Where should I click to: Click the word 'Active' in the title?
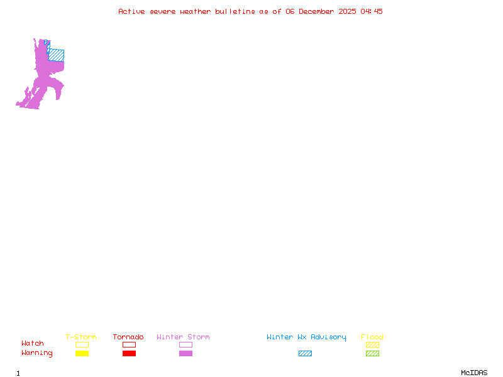pos(132,11)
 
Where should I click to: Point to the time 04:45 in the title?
pos(372,11)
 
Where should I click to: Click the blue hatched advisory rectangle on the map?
pos(57,55)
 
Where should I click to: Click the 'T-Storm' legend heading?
pos(81,337)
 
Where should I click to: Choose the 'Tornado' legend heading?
pos(128,337)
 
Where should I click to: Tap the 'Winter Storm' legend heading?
pos(183,337)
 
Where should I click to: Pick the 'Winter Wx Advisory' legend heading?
pos(306,337)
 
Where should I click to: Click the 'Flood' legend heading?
pos(372,337)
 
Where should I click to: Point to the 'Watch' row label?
pos(33,344)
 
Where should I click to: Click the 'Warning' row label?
pos(37,353)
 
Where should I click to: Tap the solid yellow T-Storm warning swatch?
pos(82,353)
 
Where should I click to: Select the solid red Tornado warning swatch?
pos(129,353)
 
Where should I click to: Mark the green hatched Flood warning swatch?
pos(372,353)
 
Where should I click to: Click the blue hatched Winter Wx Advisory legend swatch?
pos(305,353)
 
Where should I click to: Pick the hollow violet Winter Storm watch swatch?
pos(185,344)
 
